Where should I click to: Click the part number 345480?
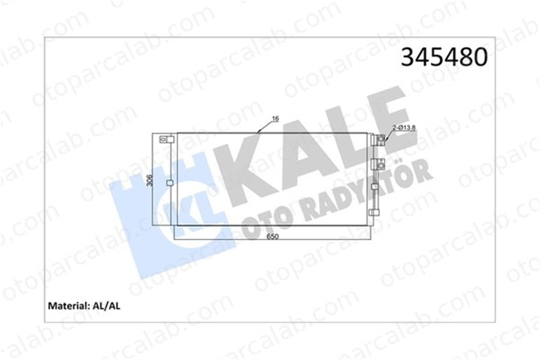[444, 57]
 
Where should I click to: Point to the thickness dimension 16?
[275, 118]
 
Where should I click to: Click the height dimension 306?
[150, 180]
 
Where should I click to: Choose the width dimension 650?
[272, 237]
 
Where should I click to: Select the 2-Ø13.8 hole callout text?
[404, 128]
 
